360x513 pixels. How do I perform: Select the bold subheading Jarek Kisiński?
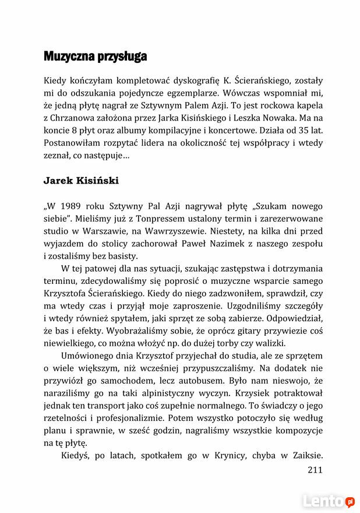point(80,180)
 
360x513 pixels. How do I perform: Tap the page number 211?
point(314,470)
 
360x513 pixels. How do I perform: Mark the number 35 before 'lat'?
point(296,129)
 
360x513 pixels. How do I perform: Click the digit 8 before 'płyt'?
point(76,129)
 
